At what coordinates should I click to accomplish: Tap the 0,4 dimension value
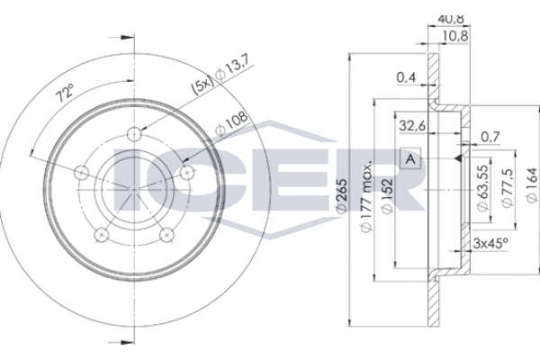point(406,78)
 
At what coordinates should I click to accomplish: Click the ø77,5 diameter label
point(508,190)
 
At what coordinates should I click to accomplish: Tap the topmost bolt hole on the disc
point(135,134)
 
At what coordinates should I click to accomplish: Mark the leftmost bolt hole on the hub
point(83,172)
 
